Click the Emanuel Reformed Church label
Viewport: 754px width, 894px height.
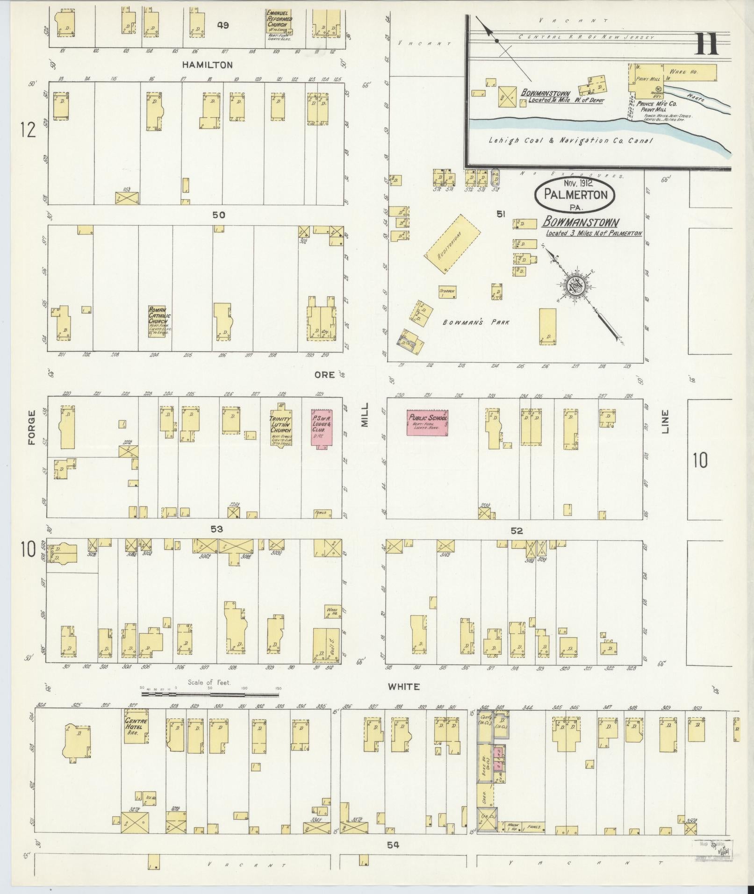point(280,19)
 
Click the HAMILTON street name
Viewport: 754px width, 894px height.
point(207,65)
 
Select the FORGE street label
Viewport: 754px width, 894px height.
point(32,427)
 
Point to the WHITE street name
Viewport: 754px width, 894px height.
point(403,687)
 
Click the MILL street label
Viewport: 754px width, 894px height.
point(365,415)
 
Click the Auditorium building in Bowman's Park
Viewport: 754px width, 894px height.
point(452,243)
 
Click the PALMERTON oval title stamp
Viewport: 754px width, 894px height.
point(574,195)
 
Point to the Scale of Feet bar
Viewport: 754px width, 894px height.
point(209,694)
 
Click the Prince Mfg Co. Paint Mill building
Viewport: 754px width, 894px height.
point(649,82)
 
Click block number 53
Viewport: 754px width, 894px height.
point(216,529)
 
